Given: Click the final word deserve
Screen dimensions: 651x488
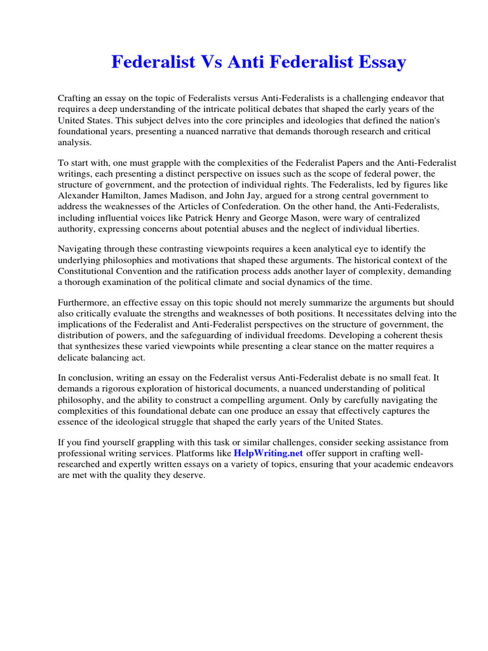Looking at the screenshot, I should tap(187, 476).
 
